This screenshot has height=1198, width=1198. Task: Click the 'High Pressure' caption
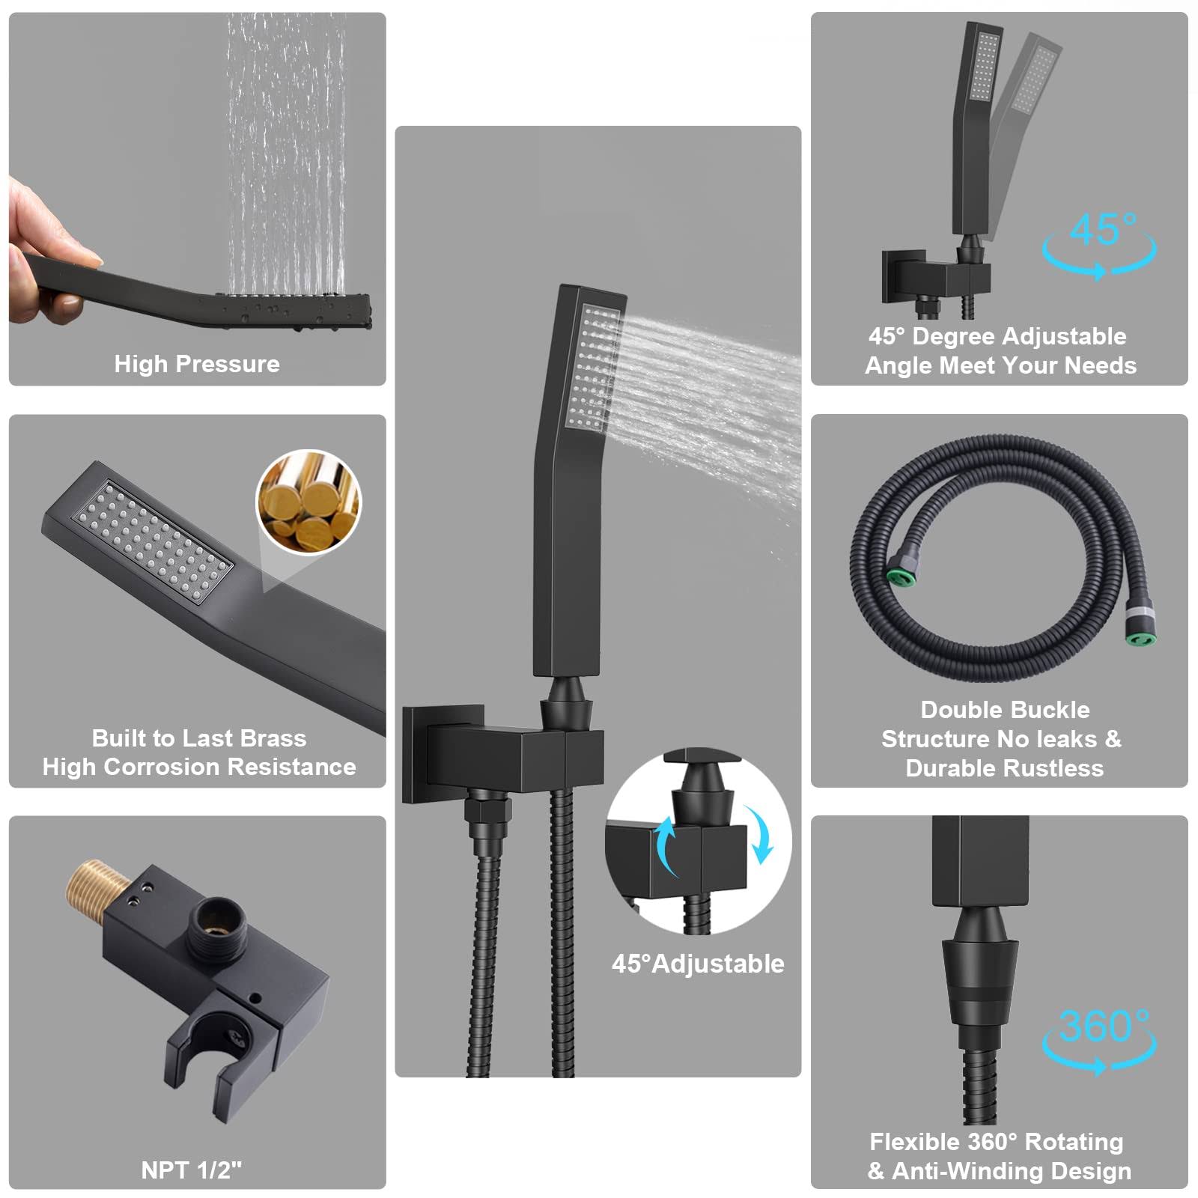197,364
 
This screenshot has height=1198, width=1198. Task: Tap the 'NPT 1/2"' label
192,1170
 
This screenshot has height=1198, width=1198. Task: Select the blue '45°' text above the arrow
1103,229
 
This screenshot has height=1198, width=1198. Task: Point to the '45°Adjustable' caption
698,964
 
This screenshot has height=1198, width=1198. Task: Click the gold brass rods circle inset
308,502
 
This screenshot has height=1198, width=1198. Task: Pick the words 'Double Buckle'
1005,709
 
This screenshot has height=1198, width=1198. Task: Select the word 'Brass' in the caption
269,738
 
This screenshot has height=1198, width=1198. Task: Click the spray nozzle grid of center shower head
595,367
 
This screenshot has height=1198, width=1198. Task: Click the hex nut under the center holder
487,811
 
